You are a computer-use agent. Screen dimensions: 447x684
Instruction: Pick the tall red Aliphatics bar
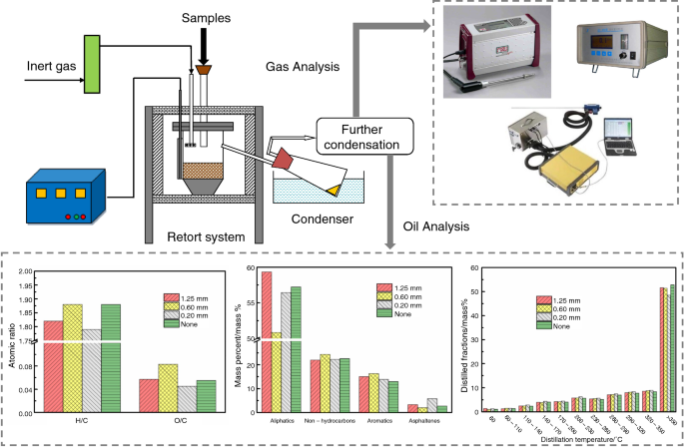pos(267,339)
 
